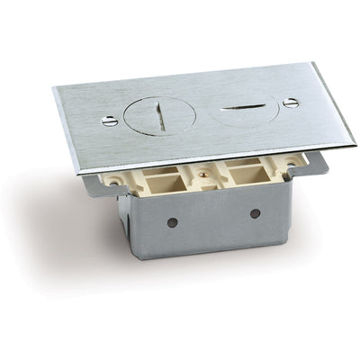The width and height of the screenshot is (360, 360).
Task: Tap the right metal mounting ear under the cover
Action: tap(315, 163)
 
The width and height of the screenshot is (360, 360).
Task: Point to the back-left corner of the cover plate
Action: tap(54, 87)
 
